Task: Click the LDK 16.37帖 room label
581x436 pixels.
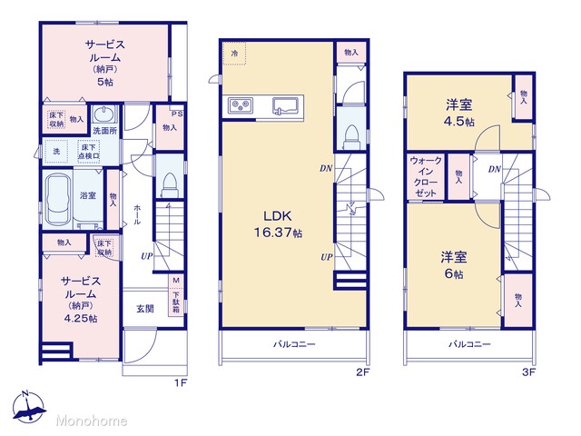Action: (278, 224)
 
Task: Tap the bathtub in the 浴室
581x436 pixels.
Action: (58, 200)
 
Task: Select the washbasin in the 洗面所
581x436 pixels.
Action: (104, 114)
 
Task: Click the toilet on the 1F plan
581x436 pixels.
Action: (170, 184)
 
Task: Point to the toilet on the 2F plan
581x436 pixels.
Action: (351, 136)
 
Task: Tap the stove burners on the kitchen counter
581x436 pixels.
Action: (241, 105)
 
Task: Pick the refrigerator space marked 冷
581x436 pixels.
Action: (234, 54)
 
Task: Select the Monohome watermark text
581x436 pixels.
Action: (92, 421)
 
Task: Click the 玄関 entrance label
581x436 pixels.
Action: (145, 309)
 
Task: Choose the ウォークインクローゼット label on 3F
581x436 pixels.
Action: (426, 177)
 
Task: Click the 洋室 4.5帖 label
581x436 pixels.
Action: (459, 113)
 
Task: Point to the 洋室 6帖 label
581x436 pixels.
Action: (454, 264)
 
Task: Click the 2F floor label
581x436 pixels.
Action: (363, 372)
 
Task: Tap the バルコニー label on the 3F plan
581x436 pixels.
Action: (469, 344)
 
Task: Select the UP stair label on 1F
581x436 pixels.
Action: (147, 256)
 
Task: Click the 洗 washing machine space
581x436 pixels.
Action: (56, 152)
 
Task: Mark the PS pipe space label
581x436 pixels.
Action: (177, 114)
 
